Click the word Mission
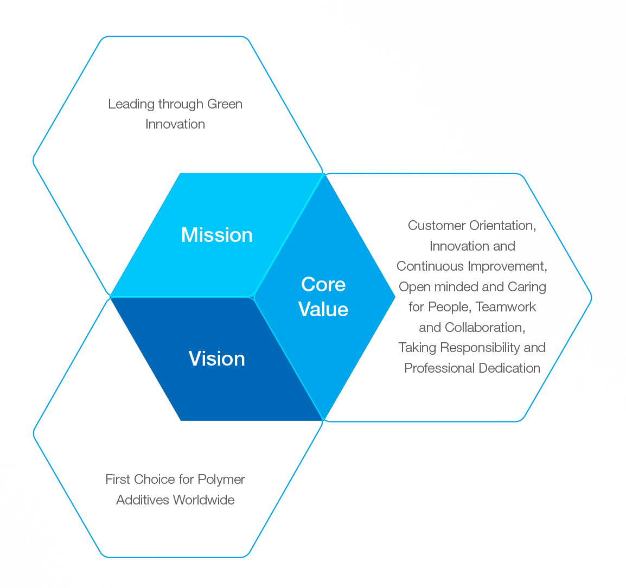point(217,235)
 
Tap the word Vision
point(217,359)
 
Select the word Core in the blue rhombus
point(323,285)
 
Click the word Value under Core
point(323,309)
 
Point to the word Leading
point(131,105)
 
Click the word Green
point(225,104)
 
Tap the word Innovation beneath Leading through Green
point(175,124)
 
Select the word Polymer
point(221,480)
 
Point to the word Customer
point(437,226)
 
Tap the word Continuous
point(430,266)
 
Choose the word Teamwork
point(506,307)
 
